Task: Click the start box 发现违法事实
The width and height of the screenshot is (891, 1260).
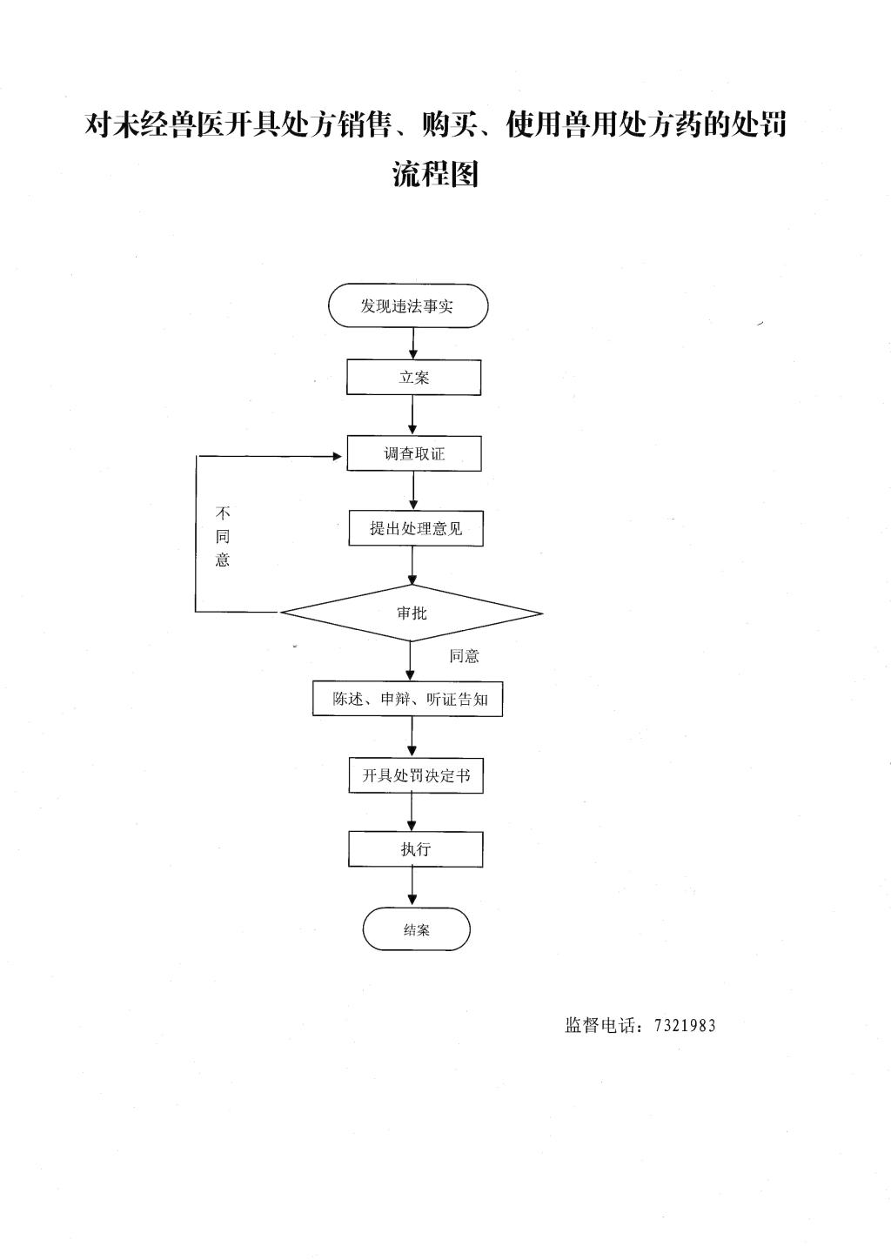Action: [408, 305]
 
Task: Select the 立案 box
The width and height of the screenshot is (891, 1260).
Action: [413, 377]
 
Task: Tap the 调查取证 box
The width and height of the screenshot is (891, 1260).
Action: [414, 453]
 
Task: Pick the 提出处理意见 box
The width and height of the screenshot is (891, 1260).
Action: [416, 528]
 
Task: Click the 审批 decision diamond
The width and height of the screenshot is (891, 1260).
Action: [412, 613]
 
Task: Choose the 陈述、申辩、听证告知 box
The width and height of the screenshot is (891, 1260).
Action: [408, 700]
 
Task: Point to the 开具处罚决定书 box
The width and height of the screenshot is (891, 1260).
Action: [416, 775]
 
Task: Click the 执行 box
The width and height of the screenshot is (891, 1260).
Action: [416, 848]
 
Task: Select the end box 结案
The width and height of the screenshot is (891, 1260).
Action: [416, 929]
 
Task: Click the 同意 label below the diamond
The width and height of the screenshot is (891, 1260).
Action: [464, 656]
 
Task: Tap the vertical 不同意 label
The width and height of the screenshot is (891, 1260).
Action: [223, 537]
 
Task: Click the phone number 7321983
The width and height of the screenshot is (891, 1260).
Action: [685, 1026]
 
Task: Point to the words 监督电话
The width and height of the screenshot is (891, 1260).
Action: [600, 1025]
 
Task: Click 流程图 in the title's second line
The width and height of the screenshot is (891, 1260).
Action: [435, 173]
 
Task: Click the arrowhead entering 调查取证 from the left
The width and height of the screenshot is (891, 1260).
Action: [337, 456]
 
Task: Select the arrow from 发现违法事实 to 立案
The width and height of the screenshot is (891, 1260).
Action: [413, 344]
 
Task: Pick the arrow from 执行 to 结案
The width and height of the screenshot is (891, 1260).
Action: [413, 887]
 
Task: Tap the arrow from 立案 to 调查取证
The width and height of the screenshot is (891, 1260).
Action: [413, 415]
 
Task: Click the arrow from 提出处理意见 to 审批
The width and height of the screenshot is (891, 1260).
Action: [413, 566]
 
